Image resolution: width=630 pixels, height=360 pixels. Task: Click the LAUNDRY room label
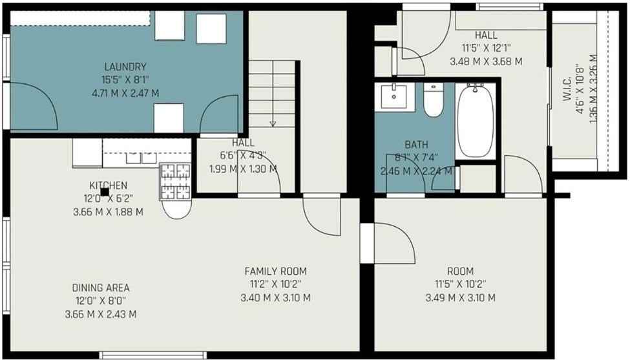pos(125,67)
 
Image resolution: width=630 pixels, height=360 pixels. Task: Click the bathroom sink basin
pos(394,97)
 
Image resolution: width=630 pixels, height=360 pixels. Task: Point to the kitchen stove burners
pos(175,182)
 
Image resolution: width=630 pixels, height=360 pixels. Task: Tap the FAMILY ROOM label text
pos(275,271)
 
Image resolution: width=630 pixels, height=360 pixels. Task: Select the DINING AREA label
pos(100,288)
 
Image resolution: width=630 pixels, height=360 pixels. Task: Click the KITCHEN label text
pos(108,185)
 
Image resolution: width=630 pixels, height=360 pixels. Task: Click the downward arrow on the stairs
pos(273,122)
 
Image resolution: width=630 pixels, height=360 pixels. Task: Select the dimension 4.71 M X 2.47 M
pos(125,93)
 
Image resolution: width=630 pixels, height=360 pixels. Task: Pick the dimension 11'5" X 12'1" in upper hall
pos(485,48)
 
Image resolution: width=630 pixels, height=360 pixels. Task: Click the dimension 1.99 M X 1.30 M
pos(243,169)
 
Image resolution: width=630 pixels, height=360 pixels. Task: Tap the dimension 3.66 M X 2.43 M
pos(100,314)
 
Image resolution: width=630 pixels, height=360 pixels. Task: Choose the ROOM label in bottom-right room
pos(460,271)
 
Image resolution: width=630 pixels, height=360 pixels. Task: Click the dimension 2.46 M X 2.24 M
pos(416,171)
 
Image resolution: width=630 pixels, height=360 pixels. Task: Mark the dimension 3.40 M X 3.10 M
pos(275,298)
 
